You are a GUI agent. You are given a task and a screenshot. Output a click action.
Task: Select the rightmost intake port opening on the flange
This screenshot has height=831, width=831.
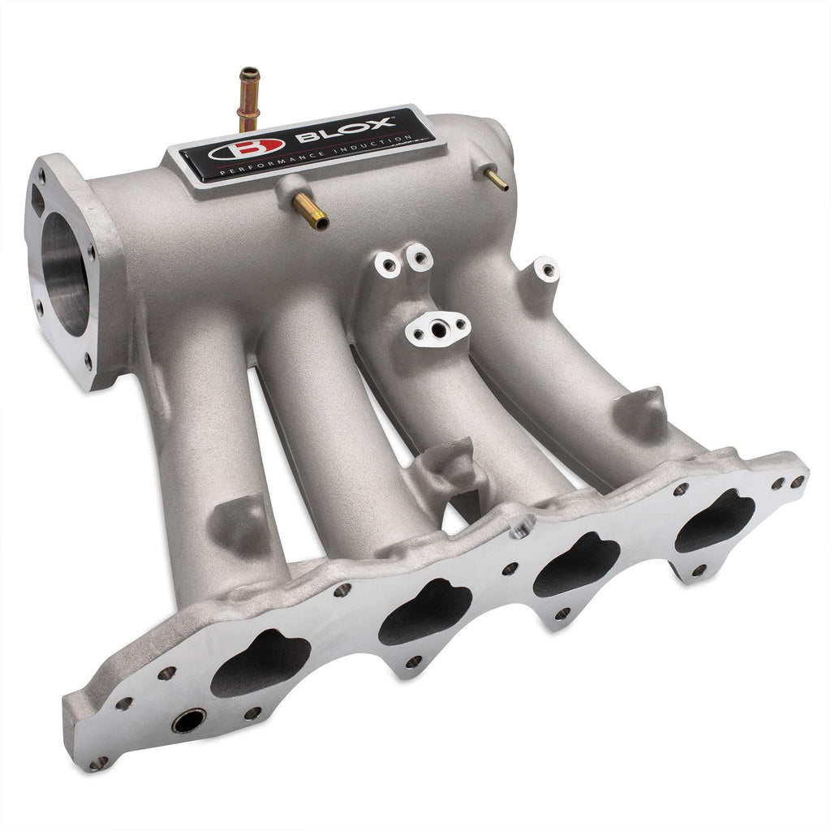(x=715, y=520)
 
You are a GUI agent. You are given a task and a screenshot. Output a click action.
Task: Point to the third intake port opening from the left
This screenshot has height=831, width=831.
(x=576, y=564)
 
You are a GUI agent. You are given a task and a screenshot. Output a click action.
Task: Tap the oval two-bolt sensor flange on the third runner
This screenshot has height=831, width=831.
(x=438, y=327)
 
